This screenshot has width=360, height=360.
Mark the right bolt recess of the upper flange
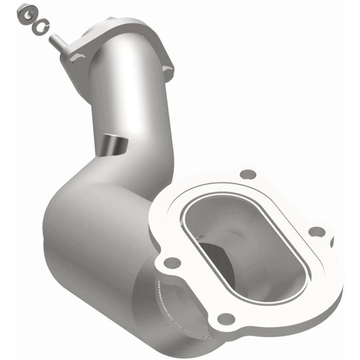(x=167, y=67)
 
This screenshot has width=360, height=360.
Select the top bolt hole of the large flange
(x=247, y=174)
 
